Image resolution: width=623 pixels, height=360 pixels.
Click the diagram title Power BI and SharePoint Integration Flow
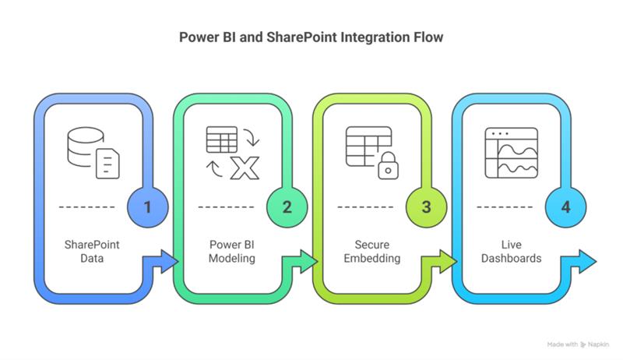click(311, 36)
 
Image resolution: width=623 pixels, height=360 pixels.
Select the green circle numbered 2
click(287, 206)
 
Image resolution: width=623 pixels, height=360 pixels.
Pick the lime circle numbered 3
click(426, 206)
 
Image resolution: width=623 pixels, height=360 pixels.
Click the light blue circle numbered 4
click(566, 206)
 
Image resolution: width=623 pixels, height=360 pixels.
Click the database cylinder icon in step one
click(83, 145)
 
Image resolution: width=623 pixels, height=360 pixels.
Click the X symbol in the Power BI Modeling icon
click(245, 165)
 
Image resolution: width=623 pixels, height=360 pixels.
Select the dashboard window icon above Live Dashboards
click(511, 152)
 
